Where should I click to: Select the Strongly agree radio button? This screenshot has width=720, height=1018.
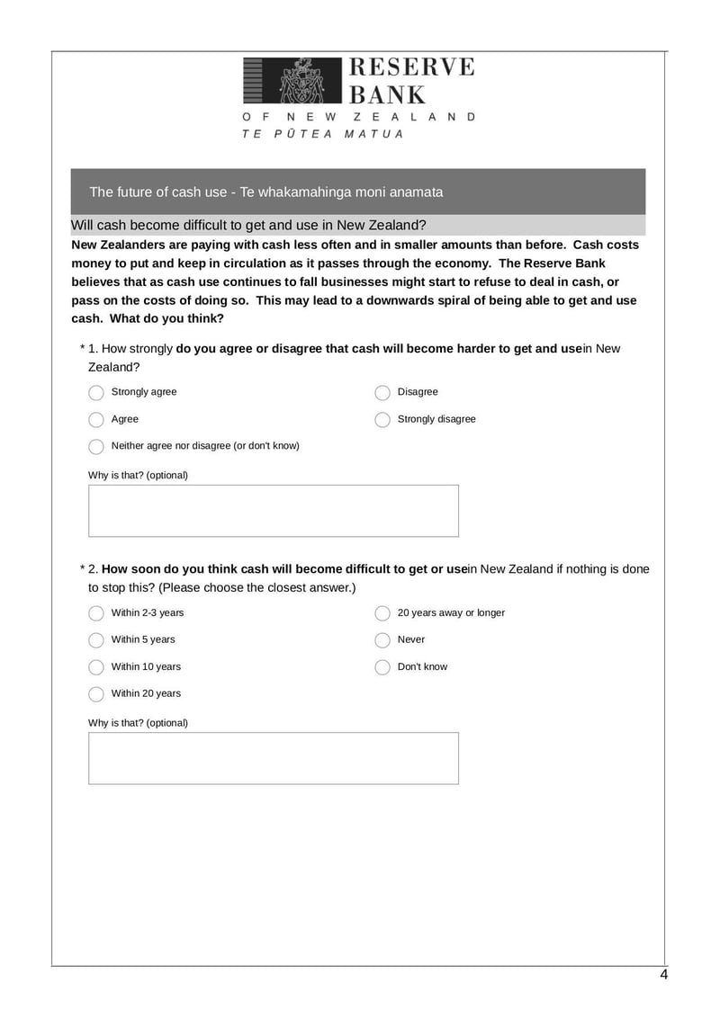point(96,393)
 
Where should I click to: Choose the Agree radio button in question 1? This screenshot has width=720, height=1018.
point(96,420)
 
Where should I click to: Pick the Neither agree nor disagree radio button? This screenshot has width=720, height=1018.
point(96,447)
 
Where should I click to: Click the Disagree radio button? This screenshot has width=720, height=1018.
point(382,393)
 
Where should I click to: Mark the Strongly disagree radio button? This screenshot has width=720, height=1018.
point(382,420)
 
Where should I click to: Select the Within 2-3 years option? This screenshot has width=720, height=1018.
point(96,613)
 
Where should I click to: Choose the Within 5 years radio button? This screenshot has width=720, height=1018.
point(96,640)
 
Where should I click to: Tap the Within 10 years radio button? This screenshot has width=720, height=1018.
point(96,667)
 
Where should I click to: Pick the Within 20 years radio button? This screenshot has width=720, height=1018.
point(96,694)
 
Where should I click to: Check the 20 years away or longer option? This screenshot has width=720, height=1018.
point(382,613)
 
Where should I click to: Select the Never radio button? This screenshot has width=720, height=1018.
point(382,640)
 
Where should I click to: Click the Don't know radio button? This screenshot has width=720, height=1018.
point(382,667)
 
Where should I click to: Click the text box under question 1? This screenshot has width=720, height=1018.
point(273,511)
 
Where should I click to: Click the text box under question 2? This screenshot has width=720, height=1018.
point(273,758)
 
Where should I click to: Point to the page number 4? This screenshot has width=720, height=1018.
point(663,975)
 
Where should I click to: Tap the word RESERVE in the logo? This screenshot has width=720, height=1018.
point(410,68)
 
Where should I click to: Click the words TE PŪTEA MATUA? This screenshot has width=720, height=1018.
point(322,134)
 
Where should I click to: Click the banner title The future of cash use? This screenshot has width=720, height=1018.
point(266,192)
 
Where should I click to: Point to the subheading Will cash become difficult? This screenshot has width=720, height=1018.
point(248,225)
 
